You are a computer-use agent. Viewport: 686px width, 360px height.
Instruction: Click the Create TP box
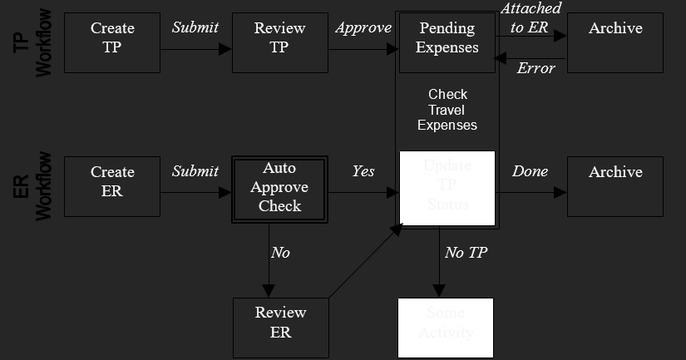[x=112, y=42]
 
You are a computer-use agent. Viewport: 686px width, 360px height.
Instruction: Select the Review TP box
[x=279, y=42]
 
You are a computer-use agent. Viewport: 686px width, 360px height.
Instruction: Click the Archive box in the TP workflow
[x=615, y=42]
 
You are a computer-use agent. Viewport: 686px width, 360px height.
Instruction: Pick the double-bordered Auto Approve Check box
[x=279, y=187]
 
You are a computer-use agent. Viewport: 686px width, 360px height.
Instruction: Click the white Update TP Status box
[x=447, y=188]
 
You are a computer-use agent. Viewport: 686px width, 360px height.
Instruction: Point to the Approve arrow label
[x=363, y=27]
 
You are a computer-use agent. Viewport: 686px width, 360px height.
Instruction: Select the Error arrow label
[x=535, y=68]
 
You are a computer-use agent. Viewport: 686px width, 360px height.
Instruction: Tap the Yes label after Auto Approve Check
[x=363, y=171]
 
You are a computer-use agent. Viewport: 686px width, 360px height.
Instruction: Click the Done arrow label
[x=530, y=171]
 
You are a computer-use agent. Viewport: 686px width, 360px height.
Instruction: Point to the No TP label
[x=466, y=253]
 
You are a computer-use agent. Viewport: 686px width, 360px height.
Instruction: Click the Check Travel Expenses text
[x=447, y=110]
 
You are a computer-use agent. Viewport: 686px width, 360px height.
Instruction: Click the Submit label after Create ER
[x=195, y=171]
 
